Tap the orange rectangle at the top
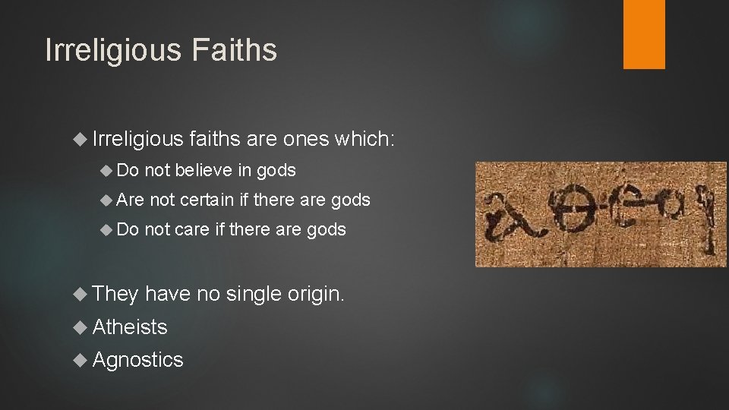[x=644, y=34]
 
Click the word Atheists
[x=130, y=326]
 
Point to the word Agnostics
[x=138, y=359]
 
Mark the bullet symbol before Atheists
[x=83, y=327]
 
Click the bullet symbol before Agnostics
[x=83, y=360]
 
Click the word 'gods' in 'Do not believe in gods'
[x=276, y=170]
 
